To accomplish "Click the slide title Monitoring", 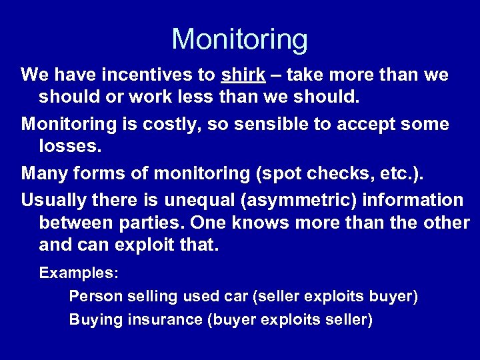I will [240, 39].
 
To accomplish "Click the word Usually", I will [53, 199].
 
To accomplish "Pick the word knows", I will [244, 223].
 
